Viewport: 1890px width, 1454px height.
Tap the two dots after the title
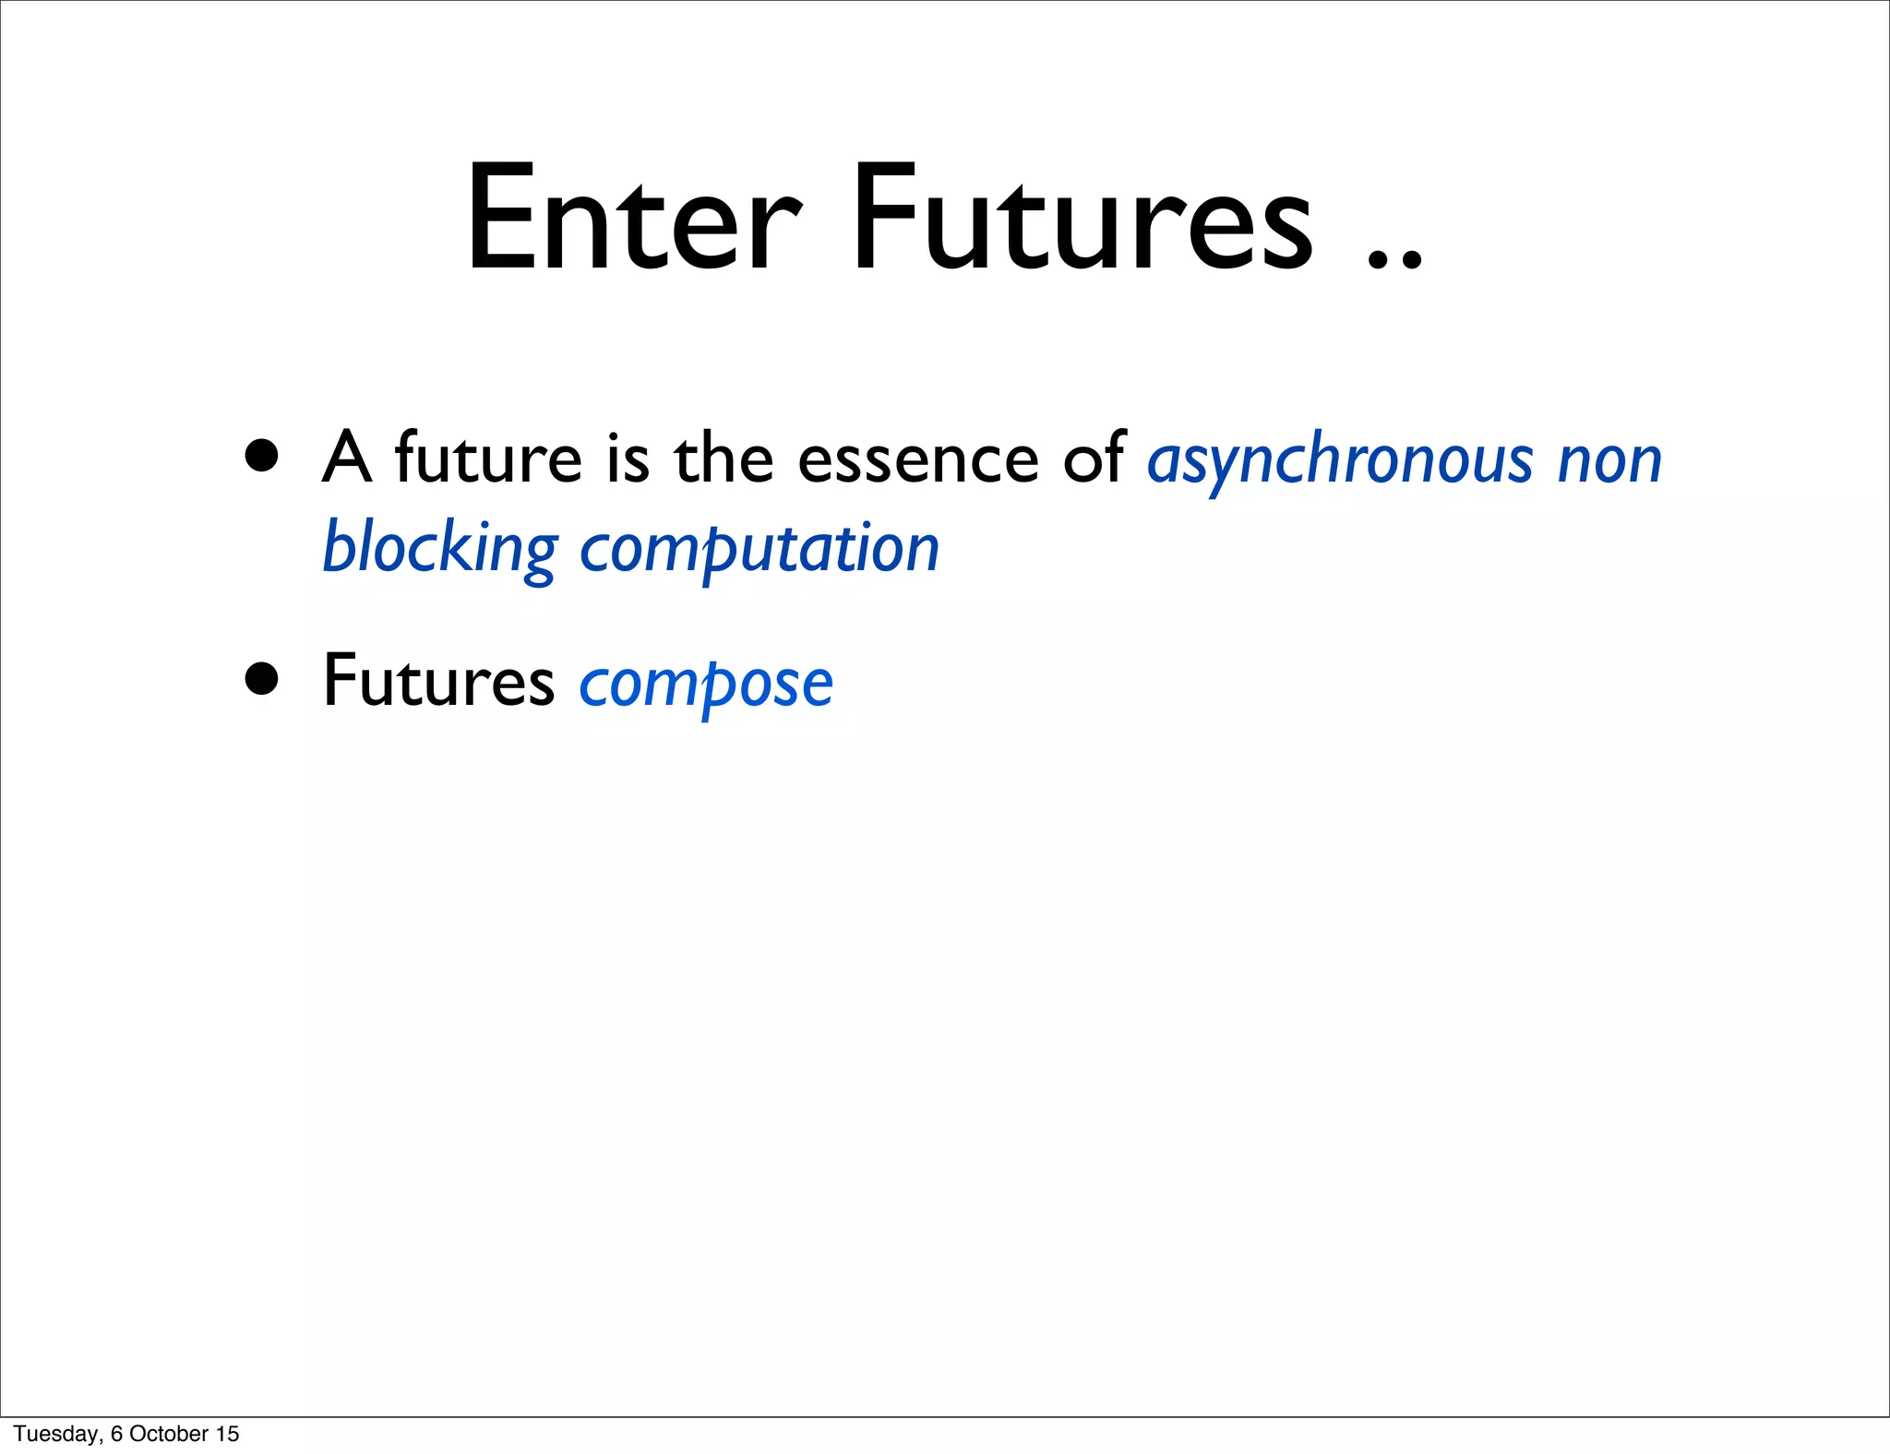click(x=1394, y=258)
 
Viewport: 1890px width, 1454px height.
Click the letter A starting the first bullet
click(x=347, y=458)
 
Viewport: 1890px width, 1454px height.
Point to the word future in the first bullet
click(x=488, y=458)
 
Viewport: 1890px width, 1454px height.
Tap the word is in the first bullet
click(x=628, y=458)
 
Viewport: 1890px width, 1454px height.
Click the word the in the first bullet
click(x=724, y=458)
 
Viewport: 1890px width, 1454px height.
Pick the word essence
click(x=917, y=459)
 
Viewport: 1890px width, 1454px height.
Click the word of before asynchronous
click(x=1095, y=458)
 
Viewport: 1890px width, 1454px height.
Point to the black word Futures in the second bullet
click(x=438, y=681)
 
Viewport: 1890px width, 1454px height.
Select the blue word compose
click(x=706, y=685)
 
